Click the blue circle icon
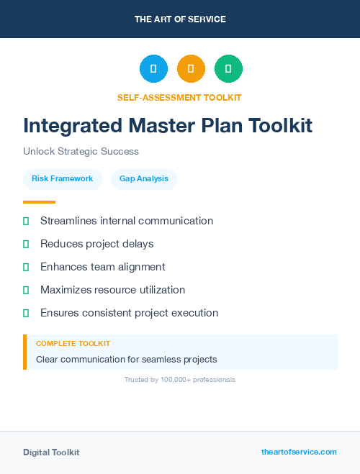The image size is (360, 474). coord(153,68)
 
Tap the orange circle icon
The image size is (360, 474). coord(191,68)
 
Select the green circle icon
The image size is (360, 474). coord(228,68)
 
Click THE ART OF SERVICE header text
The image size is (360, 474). coord(180,19)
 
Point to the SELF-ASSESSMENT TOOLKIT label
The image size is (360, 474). coord(179,97)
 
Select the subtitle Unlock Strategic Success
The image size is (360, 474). coord(81,152)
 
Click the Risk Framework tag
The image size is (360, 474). coord(62,178)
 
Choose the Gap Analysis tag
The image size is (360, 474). coord(144,178)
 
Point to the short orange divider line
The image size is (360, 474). coord(39,202)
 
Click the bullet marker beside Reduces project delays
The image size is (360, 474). coord(26,244)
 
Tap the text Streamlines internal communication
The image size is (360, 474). coord(127,221)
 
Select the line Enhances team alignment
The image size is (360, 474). coord(103,267)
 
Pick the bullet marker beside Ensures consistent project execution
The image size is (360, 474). coord(26,313)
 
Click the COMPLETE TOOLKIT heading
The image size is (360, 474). coord(73,344)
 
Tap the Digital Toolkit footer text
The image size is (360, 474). coord(51,452)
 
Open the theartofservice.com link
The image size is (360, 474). coord(299,452)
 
